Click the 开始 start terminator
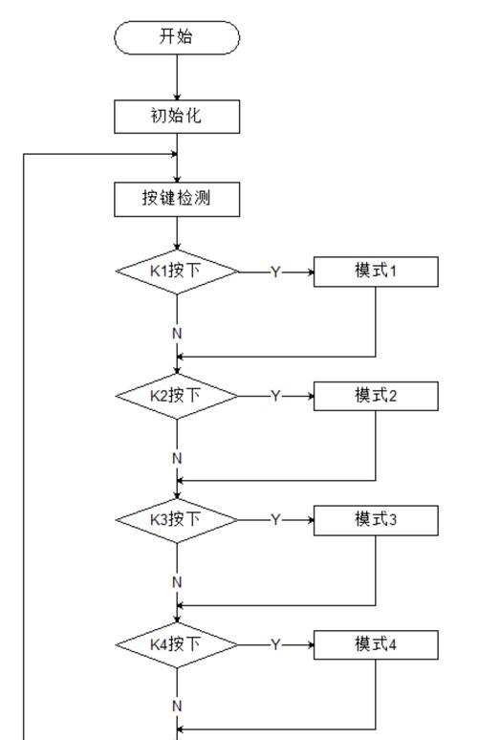point(177,37)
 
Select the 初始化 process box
point(177,117)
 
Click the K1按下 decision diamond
point(177,272)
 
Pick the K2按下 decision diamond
point(177,396)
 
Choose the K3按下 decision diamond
point(177,520)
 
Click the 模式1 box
point(376,272)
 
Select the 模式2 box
point(376,396)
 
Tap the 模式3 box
point(376,520)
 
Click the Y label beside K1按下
point(275,272)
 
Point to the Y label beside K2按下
point(275,397)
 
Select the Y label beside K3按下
point(275,521)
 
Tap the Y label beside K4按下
point(275,646)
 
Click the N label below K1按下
point(177,333)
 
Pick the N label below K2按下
point(177,458)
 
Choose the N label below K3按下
point(177,582)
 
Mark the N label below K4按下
point(177,706)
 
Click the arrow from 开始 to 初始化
point(177,76)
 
